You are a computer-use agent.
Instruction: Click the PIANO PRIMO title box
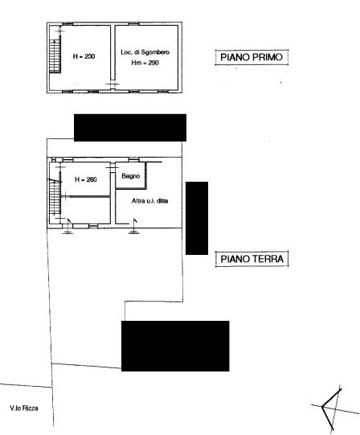pos(252,57)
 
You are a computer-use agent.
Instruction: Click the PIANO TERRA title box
pos(252,259)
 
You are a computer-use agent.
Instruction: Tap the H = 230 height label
pos(84,56)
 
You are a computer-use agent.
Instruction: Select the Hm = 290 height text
pos(145,63)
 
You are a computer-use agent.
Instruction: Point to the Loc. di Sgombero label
pos(145,52)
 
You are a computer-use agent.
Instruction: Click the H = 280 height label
pos(86,179)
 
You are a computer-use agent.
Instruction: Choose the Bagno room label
pos(131,176)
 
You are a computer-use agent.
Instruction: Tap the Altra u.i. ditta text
pos(149,200)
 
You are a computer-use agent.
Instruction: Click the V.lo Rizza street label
pos(24,408)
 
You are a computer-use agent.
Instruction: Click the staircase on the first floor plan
pos(55,56)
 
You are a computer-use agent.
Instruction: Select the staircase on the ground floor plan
pos(55,196)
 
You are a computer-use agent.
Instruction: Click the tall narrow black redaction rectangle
pos(197,218)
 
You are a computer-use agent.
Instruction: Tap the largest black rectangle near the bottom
pos(175,346)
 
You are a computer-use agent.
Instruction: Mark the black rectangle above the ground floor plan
pos(130,128)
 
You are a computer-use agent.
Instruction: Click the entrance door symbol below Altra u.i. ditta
pos(134,226)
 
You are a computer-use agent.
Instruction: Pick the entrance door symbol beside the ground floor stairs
pos(67,226)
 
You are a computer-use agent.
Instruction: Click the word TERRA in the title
pos(268,259)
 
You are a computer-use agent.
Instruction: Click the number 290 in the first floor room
pos(153,63)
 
